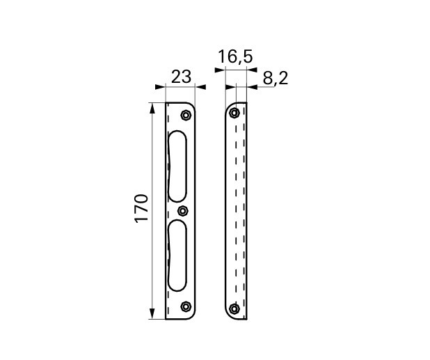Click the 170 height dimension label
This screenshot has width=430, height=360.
[142, 208]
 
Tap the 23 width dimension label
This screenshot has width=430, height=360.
[181, 77]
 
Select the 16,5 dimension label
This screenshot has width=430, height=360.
[235, 57]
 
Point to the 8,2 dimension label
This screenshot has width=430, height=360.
[276, 78]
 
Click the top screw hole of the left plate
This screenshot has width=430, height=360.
[186, 115]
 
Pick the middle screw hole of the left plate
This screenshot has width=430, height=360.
[182, 211]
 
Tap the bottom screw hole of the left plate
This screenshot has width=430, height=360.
[186, 306]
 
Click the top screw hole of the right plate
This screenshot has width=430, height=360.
[234, 113]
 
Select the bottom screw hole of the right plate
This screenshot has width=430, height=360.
[234, 308]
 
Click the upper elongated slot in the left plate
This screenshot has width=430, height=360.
[177, 166]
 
